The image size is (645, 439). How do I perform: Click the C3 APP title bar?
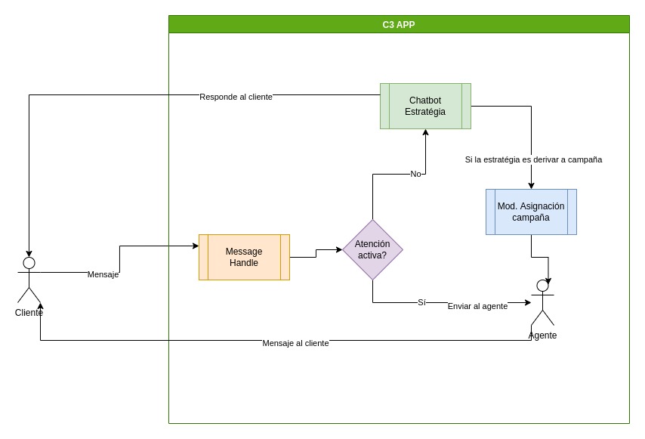(398, 24)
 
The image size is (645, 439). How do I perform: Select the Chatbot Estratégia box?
(425, 106)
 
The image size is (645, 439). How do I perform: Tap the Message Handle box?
(244, 257)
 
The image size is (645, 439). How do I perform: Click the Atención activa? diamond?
(372, 249)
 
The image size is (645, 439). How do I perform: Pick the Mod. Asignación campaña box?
(531, 212)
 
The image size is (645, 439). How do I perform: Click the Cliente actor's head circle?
(29, 263)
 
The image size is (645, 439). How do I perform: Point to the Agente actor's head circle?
(542, 286)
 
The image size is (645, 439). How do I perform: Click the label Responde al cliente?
(236, 97)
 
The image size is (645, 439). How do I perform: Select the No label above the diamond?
(415, 174)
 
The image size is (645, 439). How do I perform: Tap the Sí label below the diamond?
(421, 302)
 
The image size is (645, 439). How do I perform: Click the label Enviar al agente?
(477, 306)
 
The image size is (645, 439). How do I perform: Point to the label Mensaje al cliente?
(295, 343)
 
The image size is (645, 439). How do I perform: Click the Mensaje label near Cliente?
(103, 274)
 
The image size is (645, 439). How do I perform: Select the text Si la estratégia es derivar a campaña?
(533, 159)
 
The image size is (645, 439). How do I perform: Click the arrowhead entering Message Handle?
(196, 246)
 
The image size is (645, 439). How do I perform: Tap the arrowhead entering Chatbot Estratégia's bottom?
(425, 132)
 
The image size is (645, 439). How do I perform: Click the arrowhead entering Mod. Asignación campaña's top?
(531, 186)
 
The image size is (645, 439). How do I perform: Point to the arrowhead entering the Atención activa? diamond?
(339, 249)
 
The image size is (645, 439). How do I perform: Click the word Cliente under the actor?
(29, 313)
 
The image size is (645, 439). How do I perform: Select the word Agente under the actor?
(542, 335)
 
